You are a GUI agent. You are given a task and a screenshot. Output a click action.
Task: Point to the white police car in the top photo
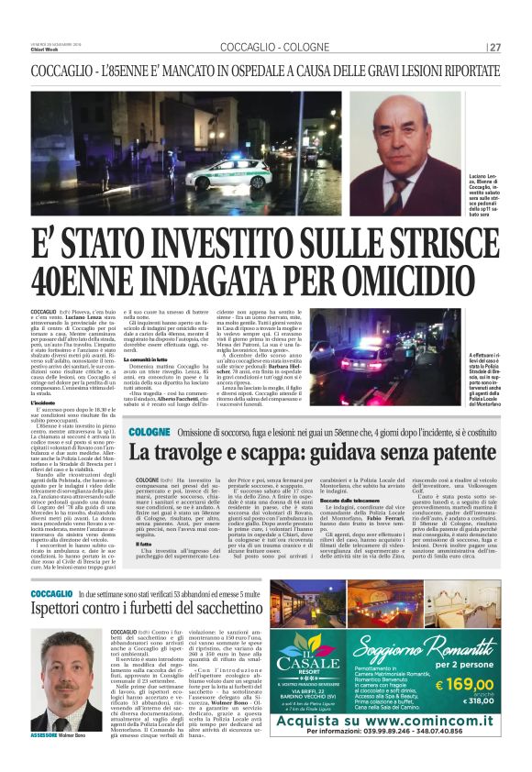point(226,172)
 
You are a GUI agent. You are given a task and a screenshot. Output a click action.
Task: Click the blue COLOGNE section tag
point(149,431)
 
